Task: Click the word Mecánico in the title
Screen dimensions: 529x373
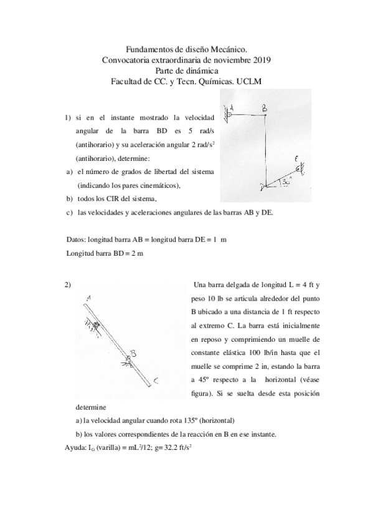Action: coord(229,48)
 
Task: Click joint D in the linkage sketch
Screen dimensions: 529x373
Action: coord(263,185)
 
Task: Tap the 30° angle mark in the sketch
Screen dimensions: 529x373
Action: coord(285,182)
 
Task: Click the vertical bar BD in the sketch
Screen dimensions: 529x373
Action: coord(266,150)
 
